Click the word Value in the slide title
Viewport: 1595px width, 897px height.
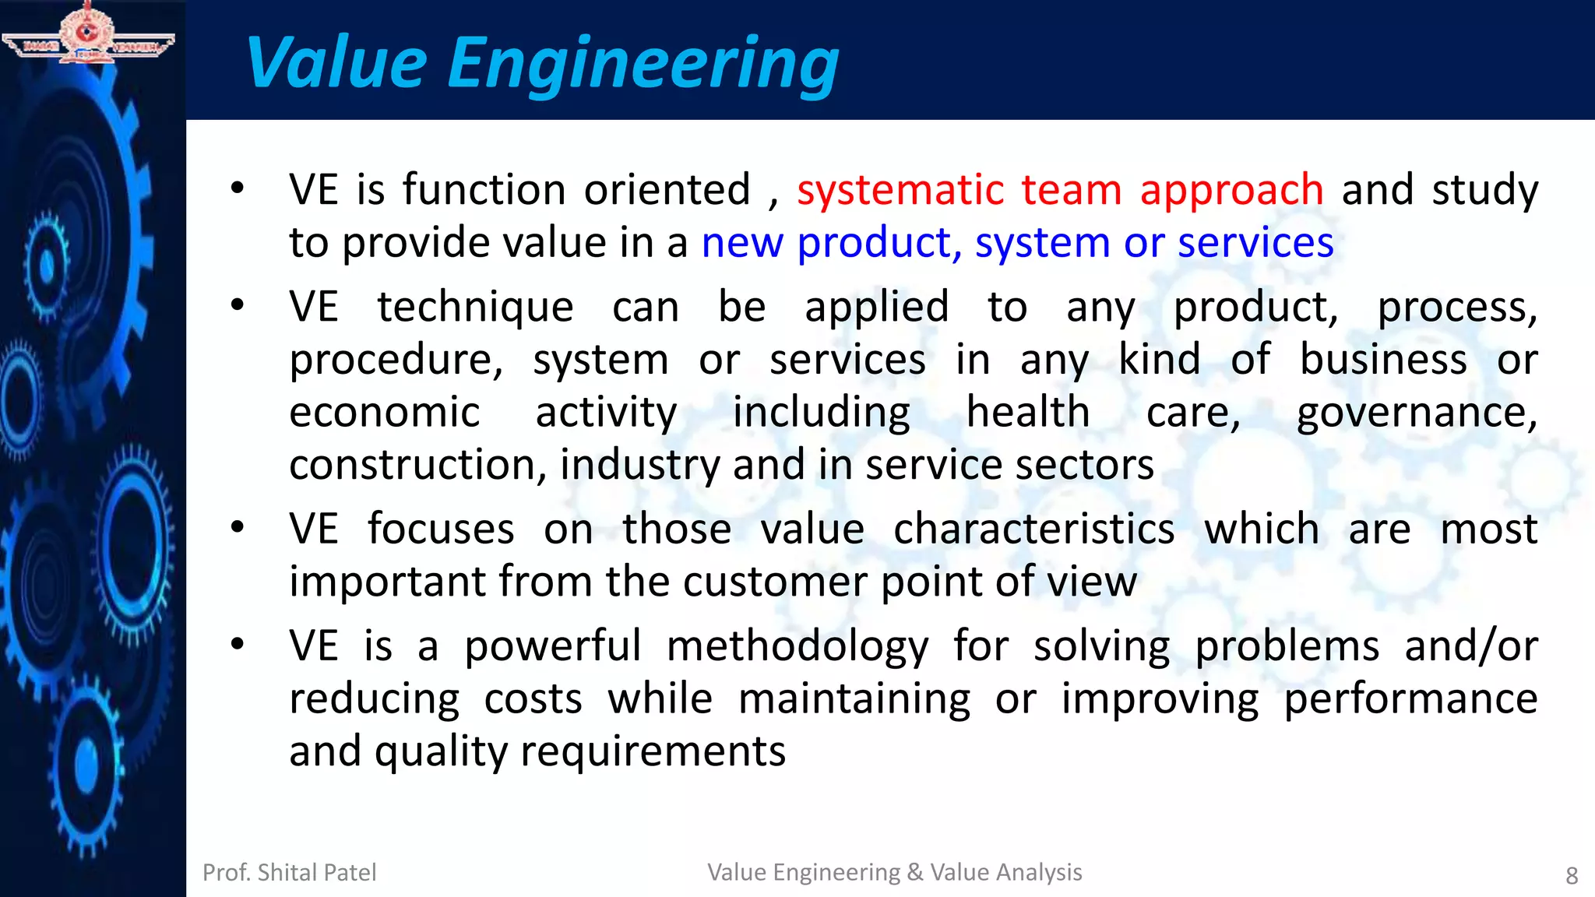336,64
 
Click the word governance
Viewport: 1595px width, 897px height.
1416,413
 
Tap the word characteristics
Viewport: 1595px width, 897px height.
1033,530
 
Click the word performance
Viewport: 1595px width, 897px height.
1410,700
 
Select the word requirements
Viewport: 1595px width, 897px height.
653,753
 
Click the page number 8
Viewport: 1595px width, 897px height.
1572,876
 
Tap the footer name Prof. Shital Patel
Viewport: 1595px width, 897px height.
289,873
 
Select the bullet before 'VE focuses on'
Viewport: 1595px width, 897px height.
238,528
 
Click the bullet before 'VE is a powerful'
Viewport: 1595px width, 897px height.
238,645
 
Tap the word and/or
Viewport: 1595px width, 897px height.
1470,647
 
